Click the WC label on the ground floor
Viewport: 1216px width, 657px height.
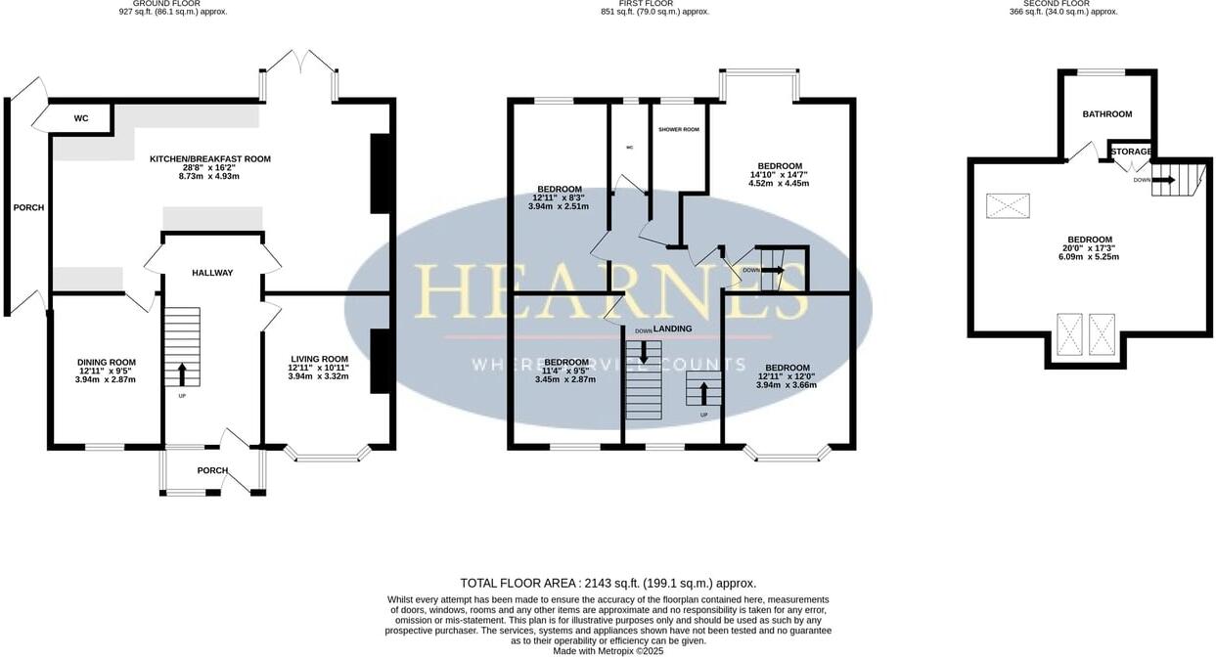click(81, 118)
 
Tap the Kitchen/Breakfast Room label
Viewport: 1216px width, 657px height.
click(210, 158)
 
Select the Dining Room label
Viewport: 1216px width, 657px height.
click(107, 363)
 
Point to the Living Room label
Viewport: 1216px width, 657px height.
click(318, 359)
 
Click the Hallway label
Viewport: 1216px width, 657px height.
click(212, 273)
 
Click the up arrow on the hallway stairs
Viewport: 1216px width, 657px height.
click(182, 372)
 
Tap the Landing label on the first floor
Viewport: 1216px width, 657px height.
click(672, 328)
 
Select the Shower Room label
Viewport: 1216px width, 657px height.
click(678, 129)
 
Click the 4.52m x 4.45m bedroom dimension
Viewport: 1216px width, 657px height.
click(779, 183)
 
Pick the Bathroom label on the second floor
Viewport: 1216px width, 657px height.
click(1106, 114)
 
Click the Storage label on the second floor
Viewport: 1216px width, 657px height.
click(1131, 152)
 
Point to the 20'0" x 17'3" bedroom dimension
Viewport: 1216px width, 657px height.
click(1089, 248)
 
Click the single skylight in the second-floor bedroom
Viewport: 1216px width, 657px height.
click(1008, 205)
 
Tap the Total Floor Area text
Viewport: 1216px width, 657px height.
click(608, 583)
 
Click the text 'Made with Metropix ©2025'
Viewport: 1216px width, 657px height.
click(608, 650)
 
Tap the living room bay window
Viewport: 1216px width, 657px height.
click(328, 454)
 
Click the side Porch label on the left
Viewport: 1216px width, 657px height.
click(28, 207)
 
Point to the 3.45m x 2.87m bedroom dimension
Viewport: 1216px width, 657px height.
click(566, 378)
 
